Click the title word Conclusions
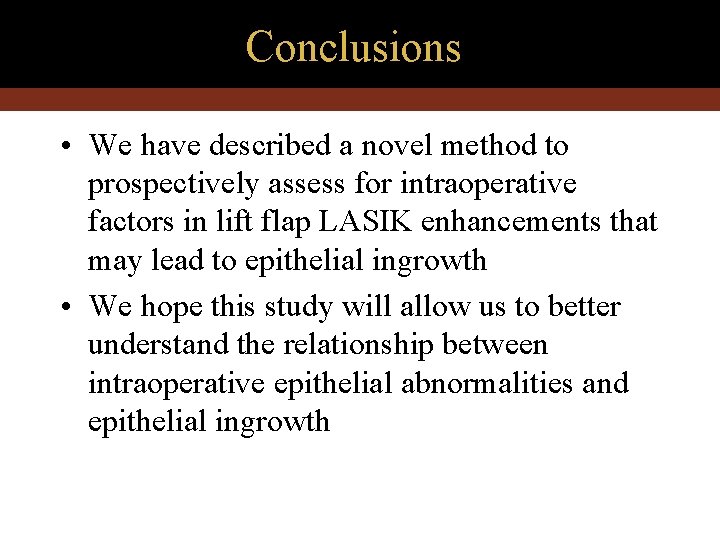[x=353, y=47]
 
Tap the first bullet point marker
[x=64, y=147]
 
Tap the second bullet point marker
[x=64, y=308]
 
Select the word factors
[x=125, y=222]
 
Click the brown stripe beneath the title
[x=360, y=99]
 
